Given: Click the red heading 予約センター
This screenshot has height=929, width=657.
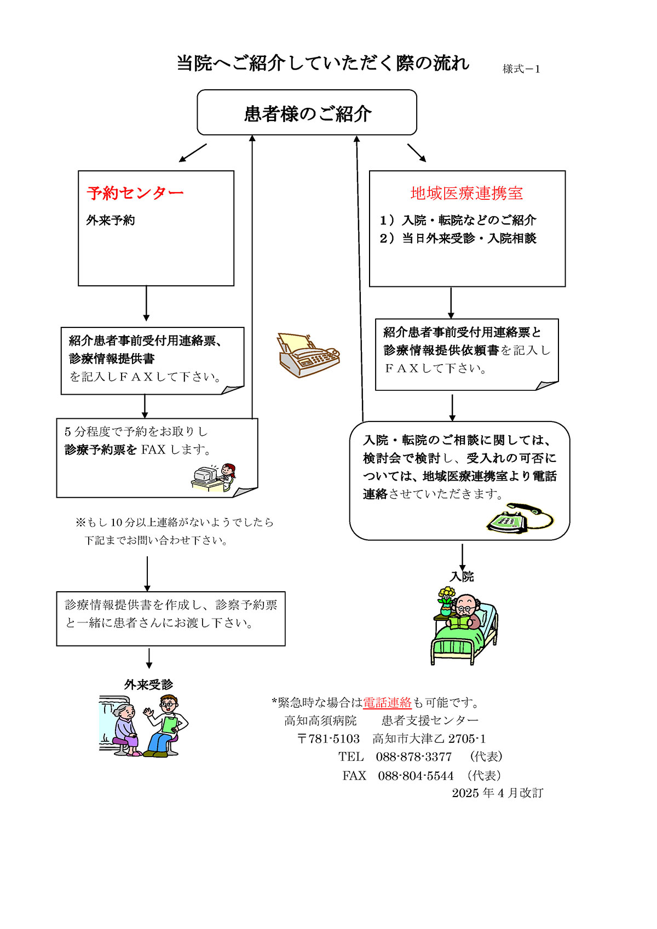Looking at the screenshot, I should click(135, 193).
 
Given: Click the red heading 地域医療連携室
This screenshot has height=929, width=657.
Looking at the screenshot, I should click(466, 193).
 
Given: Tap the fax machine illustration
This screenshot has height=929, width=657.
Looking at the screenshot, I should click(308, 355).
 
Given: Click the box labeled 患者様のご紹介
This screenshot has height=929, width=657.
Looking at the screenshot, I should click(307, 113).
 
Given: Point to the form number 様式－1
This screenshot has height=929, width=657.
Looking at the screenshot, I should click(521, 69).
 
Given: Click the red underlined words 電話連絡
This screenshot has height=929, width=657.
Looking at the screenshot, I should click(387, 702).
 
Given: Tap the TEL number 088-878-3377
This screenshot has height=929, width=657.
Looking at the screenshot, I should click(413, 757).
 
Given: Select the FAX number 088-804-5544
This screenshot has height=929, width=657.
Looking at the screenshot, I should click(416, 776).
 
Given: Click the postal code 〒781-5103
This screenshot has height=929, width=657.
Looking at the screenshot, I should click(328, 738).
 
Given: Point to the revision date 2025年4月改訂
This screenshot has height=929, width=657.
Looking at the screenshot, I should click(497, 793).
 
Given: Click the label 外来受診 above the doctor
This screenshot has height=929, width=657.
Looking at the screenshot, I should click(148, 684).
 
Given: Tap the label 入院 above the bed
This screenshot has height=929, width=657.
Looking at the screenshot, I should click(462, 576).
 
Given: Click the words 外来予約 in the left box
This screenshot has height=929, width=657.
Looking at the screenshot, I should click(111, 220).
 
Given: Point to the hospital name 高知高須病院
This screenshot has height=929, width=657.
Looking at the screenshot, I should click(320, 720).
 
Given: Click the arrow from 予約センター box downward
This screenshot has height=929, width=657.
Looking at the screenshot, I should click(146, 303).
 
